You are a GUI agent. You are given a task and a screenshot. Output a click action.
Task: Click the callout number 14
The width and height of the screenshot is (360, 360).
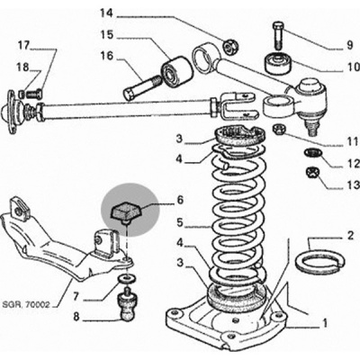(106, 13)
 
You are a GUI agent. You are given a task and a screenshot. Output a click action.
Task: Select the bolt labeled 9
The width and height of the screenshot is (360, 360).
(278, 35)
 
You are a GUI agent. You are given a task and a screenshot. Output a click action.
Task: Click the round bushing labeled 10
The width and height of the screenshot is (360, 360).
(278, 63)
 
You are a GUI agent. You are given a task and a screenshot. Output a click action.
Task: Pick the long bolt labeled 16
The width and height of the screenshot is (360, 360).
(140, 88)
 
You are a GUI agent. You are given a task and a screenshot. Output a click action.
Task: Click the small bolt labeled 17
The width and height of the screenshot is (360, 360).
(34, 94)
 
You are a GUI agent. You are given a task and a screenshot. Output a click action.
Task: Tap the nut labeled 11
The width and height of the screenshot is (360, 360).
(279, 130)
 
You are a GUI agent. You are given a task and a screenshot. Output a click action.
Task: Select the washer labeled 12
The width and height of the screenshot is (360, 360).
(312, 153)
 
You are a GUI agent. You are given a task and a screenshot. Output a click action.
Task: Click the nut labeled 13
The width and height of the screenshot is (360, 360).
(312, 173)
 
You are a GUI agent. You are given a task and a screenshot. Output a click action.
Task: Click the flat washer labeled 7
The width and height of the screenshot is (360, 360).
(127, 279)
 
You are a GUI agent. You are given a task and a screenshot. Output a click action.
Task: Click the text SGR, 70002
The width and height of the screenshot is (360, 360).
(26, 305)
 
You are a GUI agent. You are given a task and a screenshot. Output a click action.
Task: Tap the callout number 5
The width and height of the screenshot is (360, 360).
(179, 222)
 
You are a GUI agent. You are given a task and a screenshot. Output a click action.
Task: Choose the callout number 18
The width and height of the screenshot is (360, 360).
(23, 67)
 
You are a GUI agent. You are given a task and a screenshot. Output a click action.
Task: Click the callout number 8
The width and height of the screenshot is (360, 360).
(76, 317)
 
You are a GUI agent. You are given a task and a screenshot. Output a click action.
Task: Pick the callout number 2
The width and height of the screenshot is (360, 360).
(351, 236)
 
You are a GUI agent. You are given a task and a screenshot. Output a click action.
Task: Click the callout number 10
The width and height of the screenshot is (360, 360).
(354, 67)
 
